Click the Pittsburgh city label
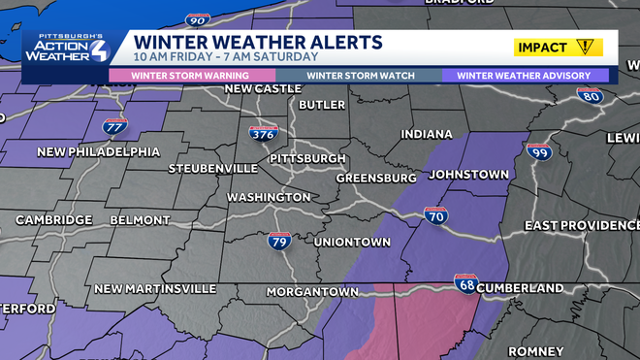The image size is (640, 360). [307, 158]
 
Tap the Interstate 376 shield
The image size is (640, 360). [262, 134]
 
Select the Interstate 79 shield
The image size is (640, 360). [279, 242]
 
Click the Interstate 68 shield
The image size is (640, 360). [466, 284]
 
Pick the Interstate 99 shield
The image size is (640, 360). [539, 152]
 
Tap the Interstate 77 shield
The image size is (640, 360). [114, 126]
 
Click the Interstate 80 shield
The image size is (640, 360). [589, 96]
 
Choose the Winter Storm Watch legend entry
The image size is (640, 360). [360, 75]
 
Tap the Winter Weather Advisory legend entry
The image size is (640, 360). [525, 75]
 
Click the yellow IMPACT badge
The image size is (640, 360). [559, 47]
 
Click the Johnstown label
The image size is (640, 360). [468, 175]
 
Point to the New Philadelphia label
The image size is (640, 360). [98, 151]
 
